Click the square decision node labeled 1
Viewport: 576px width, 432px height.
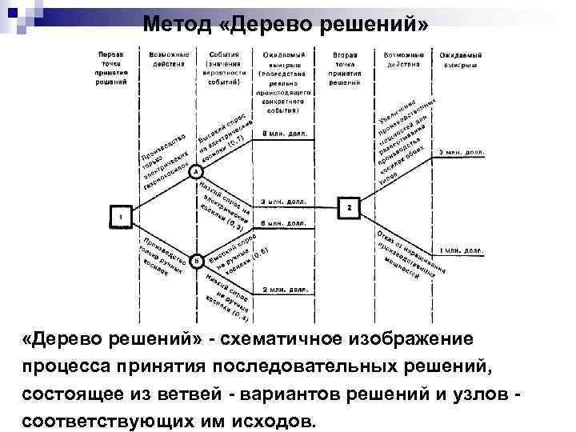coord(121,217)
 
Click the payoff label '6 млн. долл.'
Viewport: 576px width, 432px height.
coord(283,223)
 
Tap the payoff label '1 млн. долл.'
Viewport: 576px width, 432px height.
coord(462,250)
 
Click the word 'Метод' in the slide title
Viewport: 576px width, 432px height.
coord(177,23)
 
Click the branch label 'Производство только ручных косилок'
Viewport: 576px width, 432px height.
coord(163,257)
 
